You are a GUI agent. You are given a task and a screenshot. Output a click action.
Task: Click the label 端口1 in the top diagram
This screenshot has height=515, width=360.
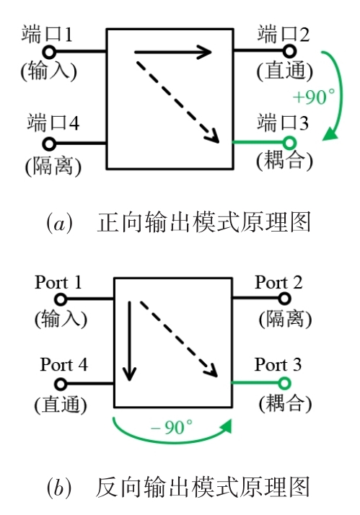[x=48, y=35]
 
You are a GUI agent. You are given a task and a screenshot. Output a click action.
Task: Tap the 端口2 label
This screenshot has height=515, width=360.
[x=283, y=34]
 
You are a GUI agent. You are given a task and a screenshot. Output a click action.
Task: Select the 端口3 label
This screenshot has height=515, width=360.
[x=283, y=123]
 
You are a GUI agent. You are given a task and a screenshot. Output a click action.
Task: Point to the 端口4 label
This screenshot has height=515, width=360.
[x=53, y=123]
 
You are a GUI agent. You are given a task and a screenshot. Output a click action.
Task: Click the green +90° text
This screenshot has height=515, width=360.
[x=314, y=97]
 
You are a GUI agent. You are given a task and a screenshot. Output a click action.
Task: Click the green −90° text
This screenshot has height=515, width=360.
[x=172, y=427]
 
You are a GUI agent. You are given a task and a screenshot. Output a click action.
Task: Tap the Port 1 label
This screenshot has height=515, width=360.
[x=58, y=283]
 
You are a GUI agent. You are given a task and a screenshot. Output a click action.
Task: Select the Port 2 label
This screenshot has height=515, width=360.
[x=278, y=282]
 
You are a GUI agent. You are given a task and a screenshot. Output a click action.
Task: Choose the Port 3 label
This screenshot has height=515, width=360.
[x=278, y=364]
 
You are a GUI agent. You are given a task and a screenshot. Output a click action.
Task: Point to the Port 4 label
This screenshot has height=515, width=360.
[x=64, y=364]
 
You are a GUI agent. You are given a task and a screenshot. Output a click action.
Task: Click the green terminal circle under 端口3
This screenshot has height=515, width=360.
[x=289, y=143]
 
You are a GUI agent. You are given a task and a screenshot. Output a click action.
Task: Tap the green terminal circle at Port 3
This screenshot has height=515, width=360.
[x=284, y=383]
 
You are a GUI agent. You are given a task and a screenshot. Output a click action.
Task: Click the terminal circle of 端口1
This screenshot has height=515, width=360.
[x=49, y=51]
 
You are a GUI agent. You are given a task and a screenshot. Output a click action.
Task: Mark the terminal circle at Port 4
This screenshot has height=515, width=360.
[x=61, y=384]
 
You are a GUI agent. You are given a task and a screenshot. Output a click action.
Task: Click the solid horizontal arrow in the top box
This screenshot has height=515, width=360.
[x=172, y=52]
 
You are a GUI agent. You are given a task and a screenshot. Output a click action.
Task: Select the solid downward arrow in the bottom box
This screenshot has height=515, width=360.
[x=129, y=341]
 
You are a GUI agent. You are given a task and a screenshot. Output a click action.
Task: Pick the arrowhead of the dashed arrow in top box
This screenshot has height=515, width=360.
[x=212, y=136]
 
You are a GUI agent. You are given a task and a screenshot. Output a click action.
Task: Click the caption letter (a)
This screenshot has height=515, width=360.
[x=59, y=223]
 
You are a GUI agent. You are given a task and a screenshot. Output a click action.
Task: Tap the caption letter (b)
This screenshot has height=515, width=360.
[x=58, y=487]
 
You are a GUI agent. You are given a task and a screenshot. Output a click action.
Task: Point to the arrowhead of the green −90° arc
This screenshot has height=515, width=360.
[x=226, y=426]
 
